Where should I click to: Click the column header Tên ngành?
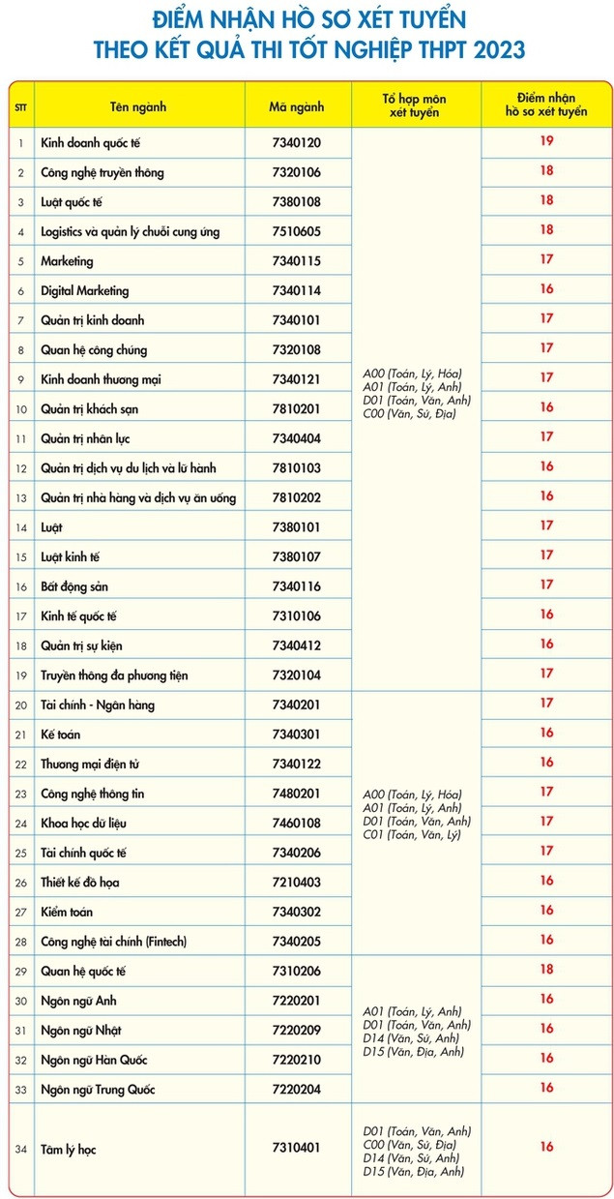tap(137, 106)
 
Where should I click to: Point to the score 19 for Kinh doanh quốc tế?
tap(546, 141)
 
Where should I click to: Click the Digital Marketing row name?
tap(85, 291)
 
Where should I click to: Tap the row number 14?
tap(20, 527)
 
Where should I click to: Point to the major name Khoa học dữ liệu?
tap(91, 824)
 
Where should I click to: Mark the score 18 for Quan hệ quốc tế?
tap(546, 969)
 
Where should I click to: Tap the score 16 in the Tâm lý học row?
tap(546, 1147)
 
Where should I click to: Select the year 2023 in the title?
tap(492, 50)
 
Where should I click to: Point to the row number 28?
tap(20, 942)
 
